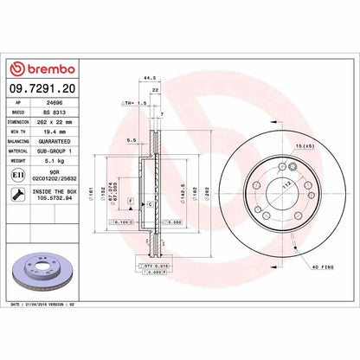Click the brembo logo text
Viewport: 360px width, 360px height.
48,68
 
